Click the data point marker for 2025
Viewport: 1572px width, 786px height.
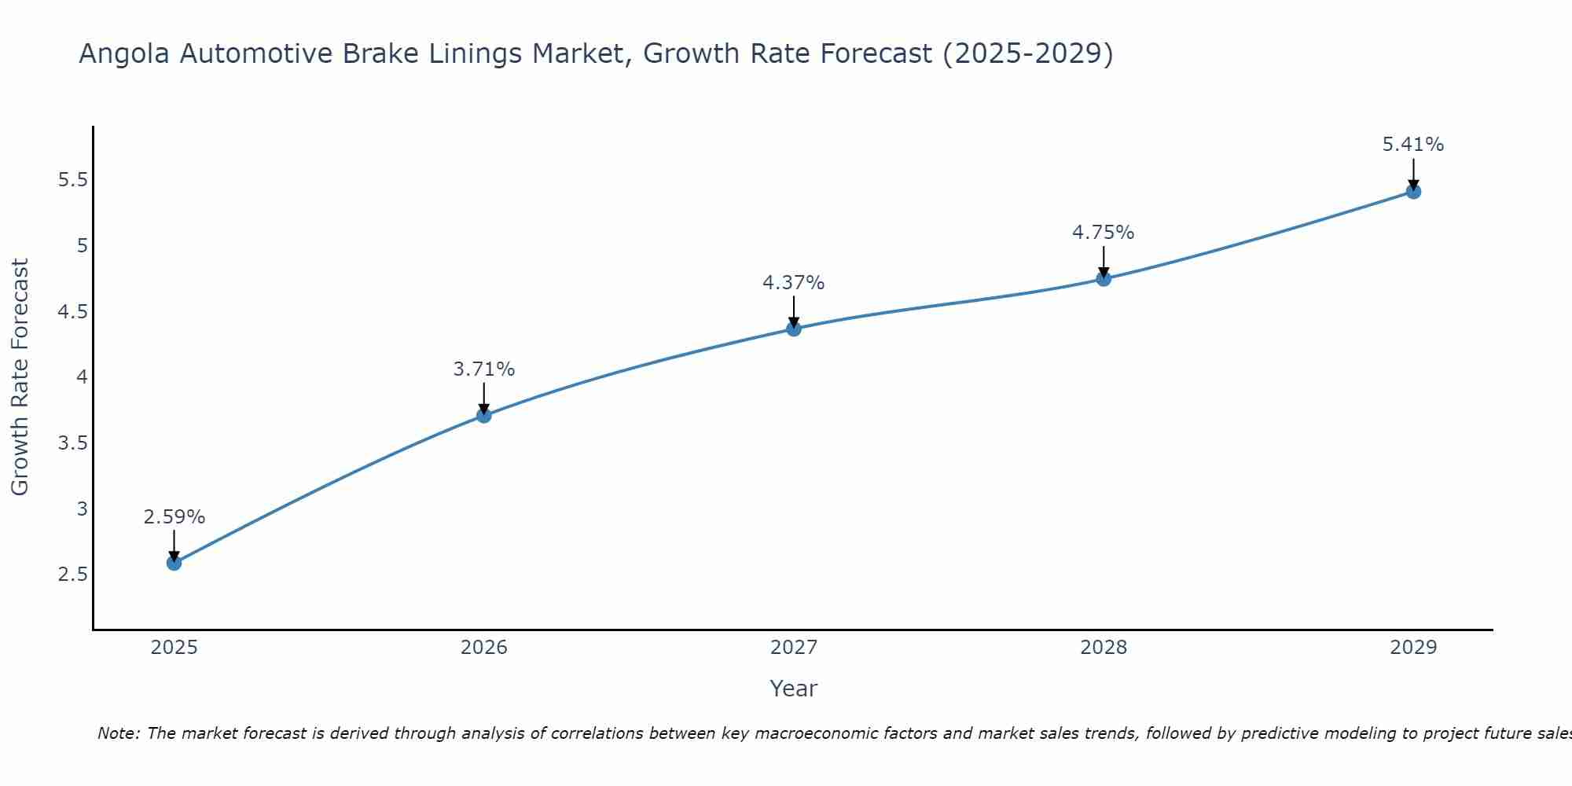[x=174, y=563]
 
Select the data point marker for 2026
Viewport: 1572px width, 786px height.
[x=484, y=415]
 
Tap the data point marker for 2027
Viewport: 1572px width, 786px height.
[x=794, y=329]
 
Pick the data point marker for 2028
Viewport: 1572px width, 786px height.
[x=1104, y=278]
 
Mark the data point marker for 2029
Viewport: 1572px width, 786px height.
[x=1413, y=191]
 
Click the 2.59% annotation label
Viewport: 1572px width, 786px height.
[x=174, y=517]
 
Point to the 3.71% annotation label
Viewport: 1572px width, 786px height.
[x=484, y=369]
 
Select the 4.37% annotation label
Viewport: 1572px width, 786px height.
[x=794, y=283]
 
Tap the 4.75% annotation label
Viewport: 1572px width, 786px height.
[x=1104, y=233]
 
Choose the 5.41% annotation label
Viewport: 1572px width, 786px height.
[x=1413, y=145]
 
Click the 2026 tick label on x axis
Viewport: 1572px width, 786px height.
[x=484, y=648]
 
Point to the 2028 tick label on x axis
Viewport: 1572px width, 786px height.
[x=1104, y=648]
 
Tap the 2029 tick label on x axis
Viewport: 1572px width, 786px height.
[x=1413, y=648]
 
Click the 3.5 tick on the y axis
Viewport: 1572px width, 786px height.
[x=72, y=443]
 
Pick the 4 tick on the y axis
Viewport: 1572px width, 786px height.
[x=82, y=377]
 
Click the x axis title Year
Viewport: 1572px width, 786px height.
[x=794, y=689]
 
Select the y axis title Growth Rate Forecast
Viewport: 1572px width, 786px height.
[x=20, y=377]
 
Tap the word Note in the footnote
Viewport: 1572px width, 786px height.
[x=118, y=733]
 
